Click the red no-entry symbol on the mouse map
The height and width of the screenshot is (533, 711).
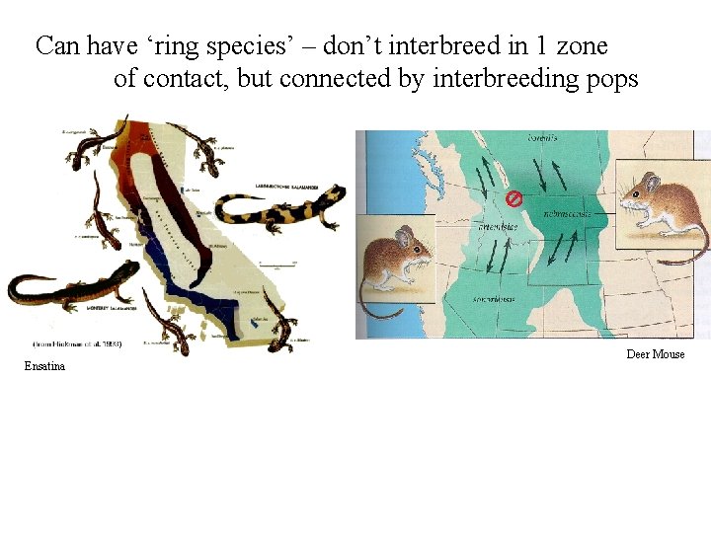tap(513, 198)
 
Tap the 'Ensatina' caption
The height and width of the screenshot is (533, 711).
tap(45, 367)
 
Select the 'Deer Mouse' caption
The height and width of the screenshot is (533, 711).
tap(655, 354)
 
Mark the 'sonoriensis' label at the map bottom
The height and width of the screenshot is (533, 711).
tap(494, 298)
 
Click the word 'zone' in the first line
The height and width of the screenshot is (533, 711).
tap(582, 45)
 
